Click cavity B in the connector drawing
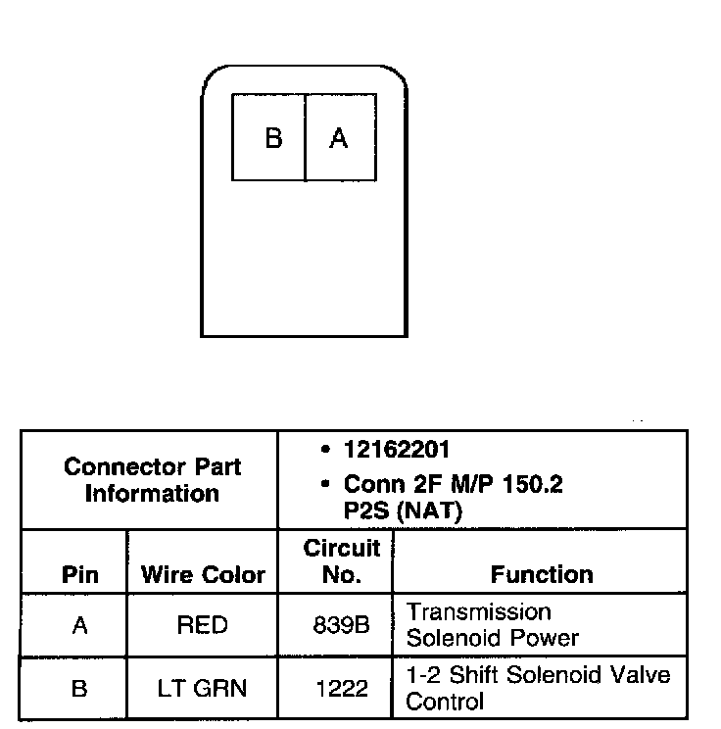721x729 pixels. click(x=272, y=138)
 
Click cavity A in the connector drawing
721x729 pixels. click(x=339, y=138)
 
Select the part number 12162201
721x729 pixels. click(x=397, y=450)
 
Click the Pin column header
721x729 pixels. click(x=79, y=574)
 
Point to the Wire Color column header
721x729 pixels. click(x=203, y=574)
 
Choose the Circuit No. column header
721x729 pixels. click(x=341, y=561)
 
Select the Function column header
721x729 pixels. click(x=541, y=574)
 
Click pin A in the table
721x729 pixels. click(x=79, y=625)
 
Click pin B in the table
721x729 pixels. click(x=79, y=689)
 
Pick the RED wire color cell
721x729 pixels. click(x=202, y=625)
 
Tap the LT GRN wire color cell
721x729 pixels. click(x=202, y=689)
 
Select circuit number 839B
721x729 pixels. click(x=341, y=625)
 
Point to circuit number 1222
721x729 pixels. click(x=341, y=689)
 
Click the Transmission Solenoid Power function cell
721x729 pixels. click(x=493, y=625)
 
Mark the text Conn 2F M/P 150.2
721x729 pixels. click(x=453, y=484)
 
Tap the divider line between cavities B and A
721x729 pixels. click(x=306, y=138)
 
